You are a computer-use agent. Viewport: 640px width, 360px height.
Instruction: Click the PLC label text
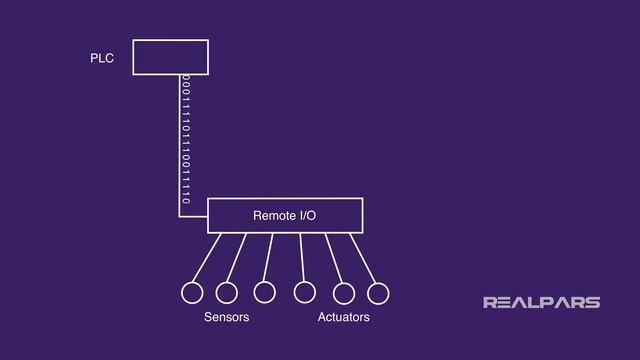[102, 59]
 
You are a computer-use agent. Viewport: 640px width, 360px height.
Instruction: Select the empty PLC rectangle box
[171, 57]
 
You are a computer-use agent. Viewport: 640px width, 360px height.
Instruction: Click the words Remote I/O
[285, 216]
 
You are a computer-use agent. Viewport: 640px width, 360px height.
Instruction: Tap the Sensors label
[226, 317]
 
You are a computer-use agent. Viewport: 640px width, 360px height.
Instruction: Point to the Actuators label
[343, 317]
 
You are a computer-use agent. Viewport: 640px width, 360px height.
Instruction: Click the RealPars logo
[541, 302]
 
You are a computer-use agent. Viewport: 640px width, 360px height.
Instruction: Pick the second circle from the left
[226, 293]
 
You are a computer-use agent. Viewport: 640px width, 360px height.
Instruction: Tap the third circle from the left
[264, 292]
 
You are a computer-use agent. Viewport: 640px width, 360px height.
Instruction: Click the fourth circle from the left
[304, 292]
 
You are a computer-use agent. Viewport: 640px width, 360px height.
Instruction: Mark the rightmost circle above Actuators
[378, 293]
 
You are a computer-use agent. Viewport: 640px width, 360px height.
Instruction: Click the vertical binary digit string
[186, 140]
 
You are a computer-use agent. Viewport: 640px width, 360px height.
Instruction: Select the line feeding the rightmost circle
[365, 258]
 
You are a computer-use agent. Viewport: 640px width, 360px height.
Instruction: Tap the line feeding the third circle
[268, 258]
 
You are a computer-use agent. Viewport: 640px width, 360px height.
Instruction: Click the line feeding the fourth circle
[302, 258]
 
